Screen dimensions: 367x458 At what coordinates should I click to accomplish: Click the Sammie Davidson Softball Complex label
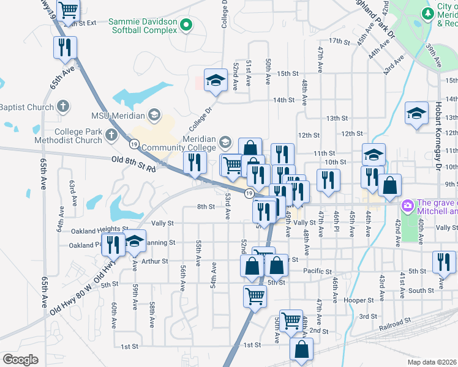[x=143, y=25]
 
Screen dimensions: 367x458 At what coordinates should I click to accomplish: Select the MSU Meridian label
[x=117, y=115]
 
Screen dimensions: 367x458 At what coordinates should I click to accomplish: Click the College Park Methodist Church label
[x=78, y=136]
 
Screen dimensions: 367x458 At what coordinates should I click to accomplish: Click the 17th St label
[x=338, y=41]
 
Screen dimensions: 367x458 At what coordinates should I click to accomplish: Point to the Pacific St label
[x=317, y=271]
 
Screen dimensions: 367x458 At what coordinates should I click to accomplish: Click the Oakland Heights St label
[x=99, y=231]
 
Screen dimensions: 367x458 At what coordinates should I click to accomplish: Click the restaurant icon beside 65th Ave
[x=64, y=47]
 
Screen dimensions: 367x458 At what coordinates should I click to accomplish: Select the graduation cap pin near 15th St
[x=216, y=80]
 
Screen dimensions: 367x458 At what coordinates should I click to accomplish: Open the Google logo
[x=20, y=360]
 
